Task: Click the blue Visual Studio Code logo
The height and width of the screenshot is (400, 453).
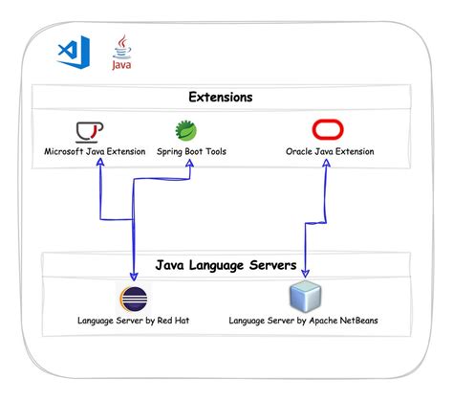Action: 74,52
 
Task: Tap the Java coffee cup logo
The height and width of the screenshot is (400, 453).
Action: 121,52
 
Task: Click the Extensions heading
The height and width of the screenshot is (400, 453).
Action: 221,97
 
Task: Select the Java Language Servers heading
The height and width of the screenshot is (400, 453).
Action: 226,265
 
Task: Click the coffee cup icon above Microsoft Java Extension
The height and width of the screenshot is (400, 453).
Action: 90,132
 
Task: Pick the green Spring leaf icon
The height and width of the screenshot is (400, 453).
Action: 186,130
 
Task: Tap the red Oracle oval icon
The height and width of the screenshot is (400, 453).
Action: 328,129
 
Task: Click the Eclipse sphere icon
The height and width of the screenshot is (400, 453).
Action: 134,299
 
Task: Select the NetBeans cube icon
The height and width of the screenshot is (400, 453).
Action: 305,296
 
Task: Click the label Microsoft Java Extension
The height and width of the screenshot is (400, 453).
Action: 95,151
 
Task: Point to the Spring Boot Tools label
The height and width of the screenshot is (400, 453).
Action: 191,151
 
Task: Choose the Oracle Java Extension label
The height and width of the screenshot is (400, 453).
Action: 330,151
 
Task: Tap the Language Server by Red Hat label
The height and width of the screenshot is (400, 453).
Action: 133,321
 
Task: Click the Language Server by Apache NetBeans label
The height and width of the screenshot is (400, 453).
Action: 303,321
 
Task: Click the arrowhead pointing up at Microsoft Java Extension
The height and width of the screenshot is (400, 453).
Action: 100,162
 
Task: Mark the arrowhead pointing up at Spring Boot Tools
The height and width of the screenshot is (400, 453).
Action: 190,163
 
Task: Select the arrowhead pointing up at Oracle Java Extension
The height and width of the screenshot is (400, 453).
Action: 326,163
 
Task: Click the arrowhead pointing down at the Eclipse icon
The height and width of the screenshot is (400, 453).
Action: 134,277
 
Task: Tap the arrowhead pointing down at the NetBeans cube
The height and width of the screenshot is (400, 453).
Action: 305,273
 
